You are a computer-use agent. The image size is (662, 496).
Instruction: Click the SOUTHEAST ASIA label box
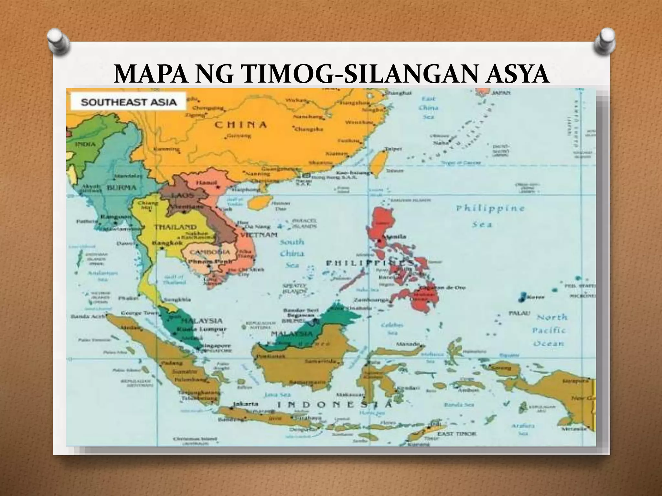(128, 102)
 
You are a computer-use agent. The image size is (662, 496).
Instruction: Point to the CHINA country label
(241, 125)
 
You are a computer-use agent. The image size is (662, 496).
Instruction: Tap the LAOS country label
(183, 195)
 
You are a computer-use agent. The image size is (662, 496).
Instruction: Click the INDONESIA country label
(335, 405)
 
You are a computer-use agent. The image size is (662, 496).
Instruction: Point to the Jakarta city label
(246, 404)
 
